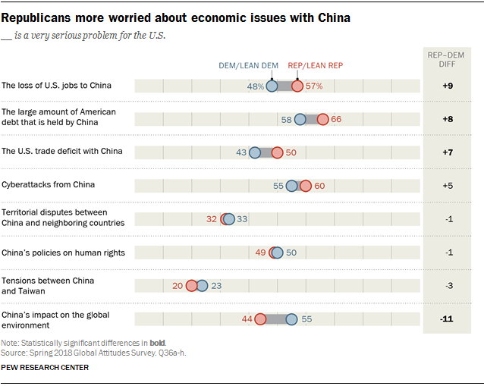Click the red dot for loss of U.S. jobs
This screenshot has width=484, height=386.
click(x=297, y=86)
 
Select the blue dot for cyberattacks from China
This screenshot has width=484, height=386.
click(x=292, y=186)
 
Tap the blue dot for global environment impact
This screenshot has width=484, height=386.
click(x=291, y=319)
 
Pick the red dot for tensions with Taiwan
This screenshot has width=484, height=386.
click(x=191, y=286)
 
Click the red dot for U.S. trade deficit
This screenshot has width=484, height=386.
click(x=277, y=152)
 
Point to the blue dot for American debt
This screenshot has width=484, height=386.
click(x=300, y=119)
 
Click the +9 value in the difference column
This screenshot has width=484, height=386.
click(x=447, y=86)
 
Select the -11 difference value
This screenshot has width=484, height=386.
click(x=447, y=319)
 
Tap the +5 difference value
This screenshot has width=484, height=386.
click(x=447, y=186)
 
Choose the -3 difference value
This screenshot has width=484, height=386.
click(x=447, y=286)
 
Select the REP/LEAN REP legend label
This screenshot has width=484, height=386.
click(x=316, y=66)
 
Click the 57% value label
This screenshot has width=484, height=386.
click(x=315, y=86)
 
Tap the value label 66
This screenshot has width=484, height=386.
click(x=337, y=119)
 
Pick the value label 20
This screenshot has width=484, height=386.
click(x=178, y=286)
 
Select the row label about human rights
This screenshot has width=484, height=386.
click(x=64, y=253)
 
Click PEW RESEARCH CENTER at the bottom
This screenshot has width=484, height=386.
click(x=46, y=368)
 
